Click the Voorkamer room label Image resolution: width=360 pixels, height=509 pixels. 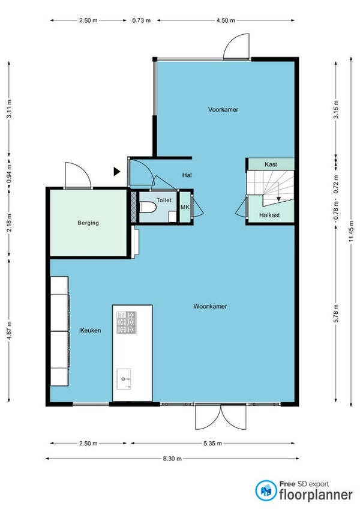click(223, 110)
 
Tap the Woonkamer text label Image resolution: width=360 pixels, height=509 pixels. click(210, 306)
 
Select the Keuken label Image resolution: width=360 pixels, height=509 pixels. click(91, 331)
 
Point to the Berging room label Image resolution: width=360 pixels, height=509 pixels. click(88, 223)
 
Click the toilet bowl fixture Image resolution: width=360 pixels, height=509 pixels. click(148, 208)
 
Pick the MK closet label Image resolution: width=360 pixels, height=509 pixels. click(185, 207)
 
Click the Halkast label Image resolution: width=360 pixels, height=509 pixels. click(269, 215)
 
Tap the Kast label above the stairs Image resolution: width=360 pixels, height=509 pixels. click(271, 164)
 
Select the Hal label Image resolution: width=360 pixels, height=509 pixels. click(187, 175)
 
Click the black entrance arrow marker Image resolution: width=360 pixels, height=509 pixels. click(117, 172)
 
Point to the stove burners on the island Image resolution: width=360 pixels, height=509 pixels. click(126, 322)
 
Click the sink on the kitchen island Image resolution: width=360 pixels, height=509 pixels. click(124, 379)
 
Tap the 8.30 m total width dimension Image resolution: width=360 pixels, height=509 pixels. click(172, 459)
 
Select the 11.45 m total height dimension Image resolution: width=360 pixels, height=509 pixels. click(351, 232)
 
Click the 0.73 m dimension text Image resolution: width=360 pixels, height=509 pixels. click(142, 20)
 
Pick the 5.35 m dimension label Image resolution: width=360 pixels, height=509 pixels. click(212, 444)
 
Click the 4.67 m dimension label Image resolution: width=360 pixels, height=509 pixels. click(9, 331)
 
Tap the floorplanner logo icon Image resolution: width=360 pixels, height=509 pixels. click(266, 490)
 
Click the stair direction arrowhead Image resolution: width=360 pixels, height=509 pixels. click(278, 199)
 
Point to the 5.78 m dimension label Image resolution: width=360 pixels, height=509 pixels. click(336, 313)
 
